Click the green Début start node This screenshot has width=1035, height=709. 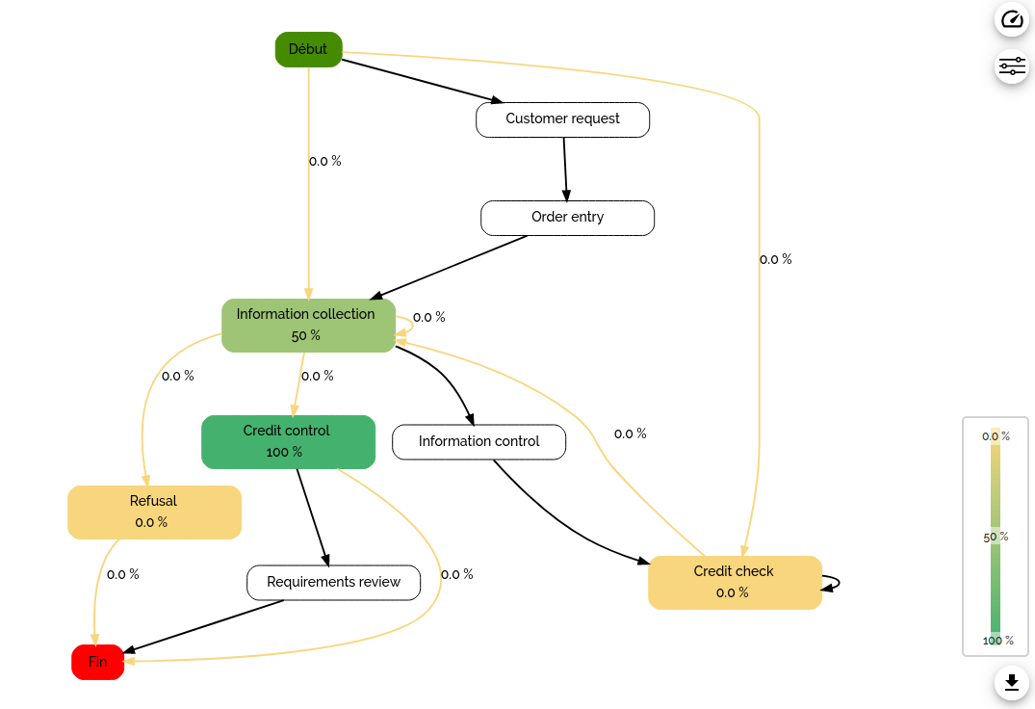click(308, 49)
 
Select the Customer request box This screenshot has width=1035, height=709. click(562, 119)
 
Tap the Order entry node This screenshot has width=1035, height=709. click(567, 218)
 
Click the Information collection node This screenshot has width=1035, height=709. click(308, 325)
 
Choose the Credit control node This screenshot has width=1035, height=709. click(288, 441)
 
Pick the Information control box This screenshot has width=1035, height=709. click(479, 441)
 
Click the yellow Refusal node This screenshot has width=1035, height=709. click(154, 512)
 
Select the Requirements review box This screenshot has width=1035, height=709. click(333, 582)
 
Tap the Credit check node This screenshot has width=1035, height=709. click(735, 582)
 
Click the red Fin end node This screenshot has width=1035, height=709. click(98, 662)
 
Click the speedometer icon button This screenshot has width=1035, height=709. click(1012, 19)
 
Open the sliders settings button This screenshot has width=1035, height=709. click(1012, 66)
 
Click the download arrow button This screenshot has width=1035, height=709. click(1011, 682)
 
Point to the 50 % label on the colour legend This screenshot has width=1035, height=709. click(996, 537)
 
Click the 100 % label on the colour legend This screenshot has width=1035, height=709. click(997, 641)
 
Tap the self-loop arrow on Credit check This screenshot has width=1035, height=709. click(834, 582)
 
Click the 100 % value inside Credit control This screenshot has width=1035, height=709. click(284, 452)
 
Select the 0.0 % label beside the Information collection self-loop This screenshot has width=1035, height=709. click(428, 317)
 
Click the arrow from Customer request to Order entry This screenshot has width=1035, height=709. click(565, 169)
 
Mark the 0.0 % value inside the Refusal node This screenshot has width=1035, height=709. click(151, 522)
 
